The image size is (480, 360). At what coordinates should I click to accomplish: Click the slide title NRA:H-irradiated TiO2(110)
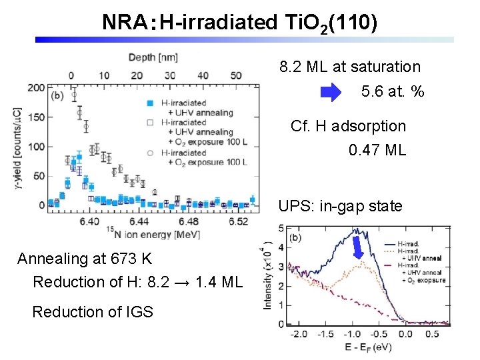[240, 23]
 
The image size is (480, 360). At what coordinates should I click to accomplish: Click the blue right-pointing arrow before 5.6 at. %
[331, 92]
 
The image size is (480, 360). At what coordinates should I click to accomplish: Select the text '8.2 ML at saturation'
[350, 67]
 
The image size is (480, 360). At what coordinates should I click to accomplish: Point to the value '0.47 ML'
[377, 150]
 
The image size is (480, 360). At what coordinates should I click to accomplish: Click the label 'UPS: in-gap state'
[340, 206]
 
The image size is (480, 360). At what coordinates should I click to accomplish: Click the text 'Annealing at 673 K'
[84, 259]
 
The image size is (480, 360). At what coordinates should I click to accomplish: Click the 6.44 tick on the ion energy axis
[139, 221]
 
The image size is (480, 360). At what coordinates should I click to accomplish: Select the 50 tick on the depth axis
[235, 75]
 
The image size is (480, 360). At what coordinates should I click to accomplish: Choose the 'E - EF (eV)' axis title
[359, 347]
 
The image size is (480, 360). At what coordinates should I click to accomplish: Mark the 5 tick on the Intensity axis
[281, 229]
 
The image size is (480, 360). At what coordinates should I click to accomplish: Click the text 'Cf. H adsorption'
[348, 126]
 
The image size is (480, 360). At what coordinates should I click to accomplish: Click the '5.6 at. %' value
[393, 92]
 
